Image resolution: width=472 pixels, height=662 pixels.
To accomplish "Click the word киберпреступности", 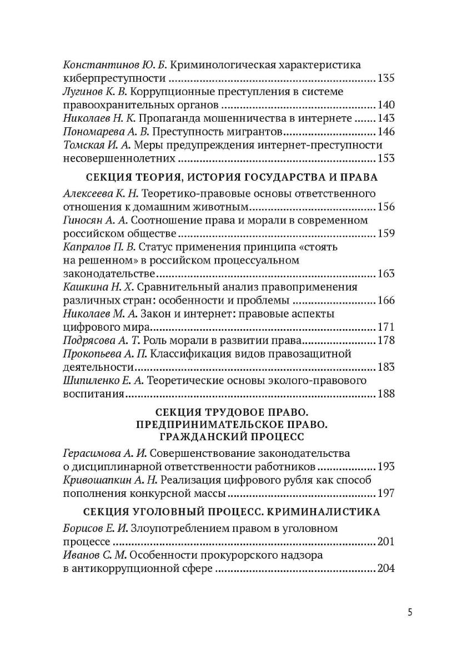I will tap(108, 78).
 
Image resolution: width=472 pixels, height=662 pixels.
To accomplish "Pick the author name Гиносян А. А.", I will tap(96, 220).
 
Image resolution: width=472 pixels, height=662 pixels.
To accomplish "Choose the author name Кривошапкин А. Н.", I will tap(111, 480).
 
